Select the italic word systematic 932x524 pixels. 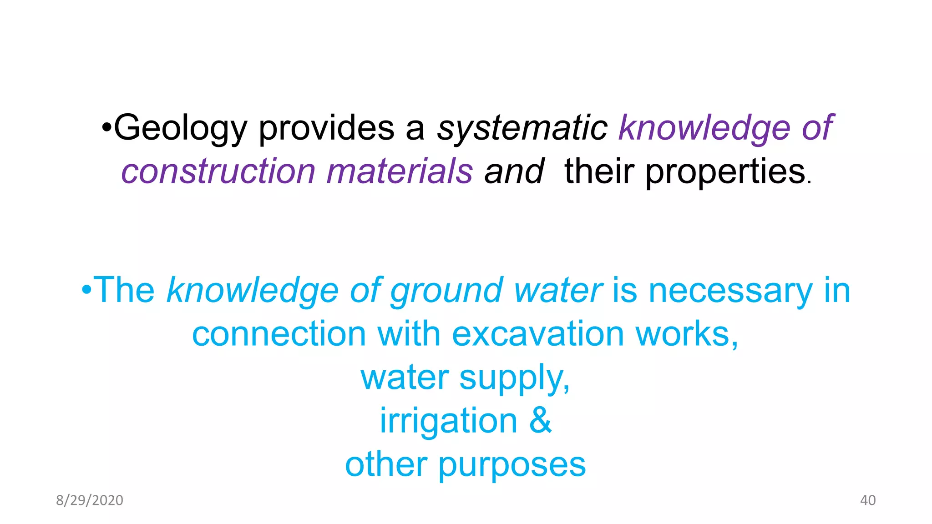click(522, 128)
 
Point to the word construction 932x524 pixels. click(218, 171)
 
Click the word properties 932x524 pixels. click(725, 172)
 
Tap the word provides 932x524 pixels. click(326, 129)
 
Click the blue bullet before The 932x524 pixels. click(86, 290)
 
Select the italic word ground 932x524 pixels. click(446, 291)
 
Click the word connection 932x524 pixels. click(279, 334)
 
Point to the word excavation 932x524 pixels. click(538, 334)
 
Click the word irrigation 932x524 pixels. click(449, 420)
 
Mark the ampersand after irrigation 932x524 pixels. click(541, 420)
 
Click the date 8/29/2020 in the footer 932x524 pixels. click(90, 500)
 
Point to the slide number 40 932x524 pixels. click(868, 500)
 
